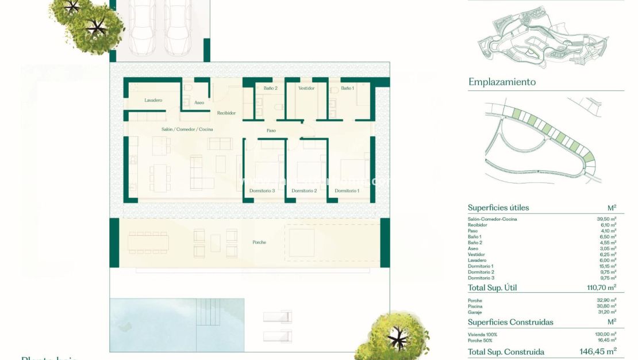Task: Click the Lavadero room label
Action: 153,100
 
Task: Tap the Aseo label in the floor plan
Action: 199,102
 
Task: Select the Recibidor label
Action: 226,113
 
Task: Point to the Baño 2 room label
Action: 270,88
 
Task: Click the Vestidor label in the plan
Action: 306,88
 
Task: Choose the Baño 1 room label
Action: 347,88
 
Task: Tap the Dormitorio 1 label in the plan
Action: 347,190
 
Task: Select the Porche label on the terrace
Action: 259,242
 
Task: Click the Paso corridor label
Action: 271,131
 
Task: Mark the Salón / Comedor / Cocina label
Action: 187,129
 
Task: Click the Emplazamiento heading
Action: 501,82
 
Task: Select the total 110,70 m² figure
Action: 598,287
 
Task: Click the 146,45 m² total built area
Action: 597,351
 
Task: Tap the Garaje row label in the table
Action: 475,312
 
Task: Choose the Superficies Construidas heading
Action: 510,322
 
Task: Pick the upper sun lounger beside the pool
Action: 278,317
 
